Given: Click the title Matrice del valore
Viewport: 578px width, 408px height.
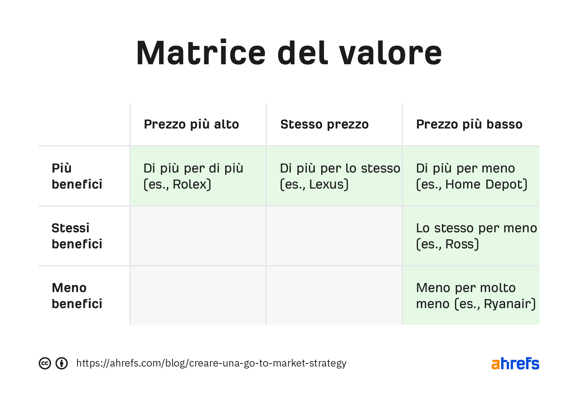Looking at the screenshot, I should click(289, 53).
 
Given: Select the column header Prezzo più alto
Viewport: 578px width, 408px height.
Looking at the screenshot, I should click(191, 124).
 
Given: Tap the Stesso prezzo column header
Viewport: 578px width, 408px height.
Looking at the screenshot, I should click(324, 124).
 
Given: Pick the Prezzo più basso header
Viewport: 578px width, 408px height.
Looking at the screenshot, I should click(469, 124).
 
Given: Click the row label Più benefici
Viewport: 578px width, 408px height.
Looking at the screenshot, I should click(77, 176).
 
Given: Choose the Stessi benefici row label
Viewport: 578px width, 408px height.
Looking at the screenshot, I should click(77, 236).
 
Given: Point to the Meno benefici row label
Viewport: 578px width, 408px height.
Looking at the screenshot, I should click(77, 296).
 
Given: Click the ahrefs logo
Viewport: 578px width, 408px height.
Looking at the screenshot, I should click(515, 363).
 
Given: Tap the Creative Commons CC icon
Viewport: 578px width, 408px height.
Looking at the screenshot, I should click(45, 363).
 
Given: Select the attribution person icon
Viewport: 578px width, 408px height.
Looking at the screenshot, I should click(62, 363).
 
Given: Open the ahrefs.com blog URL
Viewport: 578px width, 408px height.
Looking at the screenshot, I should click(211, 363).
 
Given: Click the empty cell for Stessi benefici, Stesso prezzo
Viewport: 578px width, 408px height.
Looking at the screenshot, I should click(334, 236).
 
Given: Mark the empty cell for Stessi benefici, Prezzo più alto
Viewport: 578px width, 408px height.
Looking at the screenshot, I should click(198, 236).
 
